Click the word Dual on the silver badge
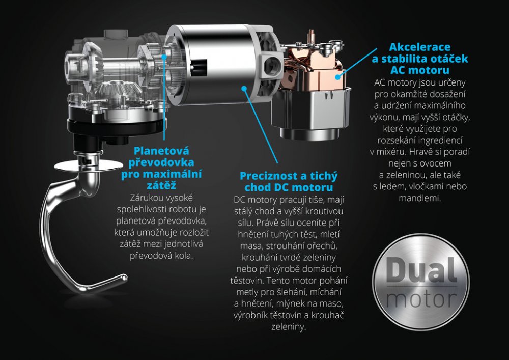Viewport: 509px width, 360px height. click(421, 270)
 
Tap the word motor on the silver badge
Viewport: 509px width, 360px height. click(421, 299)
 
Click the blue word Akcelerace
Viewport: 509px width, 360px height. click(420, 47)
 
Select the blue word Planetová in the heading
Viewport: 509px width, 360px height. click(161, 151)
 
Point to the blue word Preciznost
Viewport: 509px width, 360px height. click(268, 176)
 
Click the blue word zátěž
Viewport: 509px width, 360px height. click(161, 186)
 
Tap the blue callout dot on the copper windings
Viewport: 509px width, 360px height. click(338, 77)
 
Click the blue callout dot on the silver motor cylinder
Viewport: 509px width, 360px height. click(244, 88)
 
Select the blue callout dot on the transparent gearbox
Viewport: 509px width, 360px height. click(164, 57)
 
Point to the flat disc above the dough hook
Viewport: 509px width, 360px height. click(88, 165)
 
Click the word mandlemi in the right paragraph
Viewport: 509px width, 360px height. click(420, 198)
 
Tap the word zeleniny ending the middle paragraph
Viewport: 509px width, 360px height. click(289, 327)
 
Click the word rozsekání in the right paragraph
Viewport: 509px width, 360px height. click(396, 140)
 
